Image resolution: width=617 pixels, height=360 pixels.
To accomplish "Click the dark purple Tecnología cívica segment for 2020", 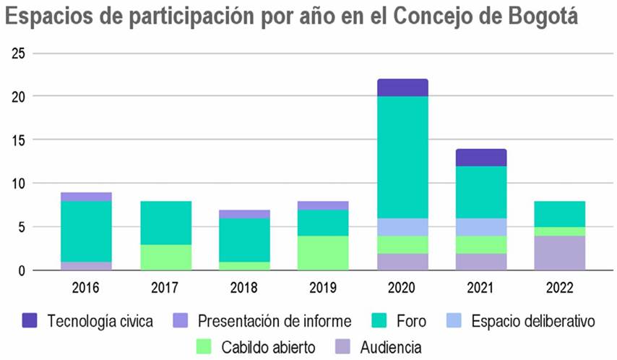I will pos(402,87).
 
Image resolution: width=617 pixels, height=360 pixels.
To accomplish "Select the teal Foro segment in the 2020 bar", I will pos(402,157).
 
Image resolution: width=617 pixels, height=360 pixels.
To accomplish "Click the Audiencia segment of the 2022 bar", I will pos(559,252).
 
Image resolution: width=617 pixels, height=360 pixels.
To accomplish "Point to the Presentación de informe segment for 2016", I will pos(86,197).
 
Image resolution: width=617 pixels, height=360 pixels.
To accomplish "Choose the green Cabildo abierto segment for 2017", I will pos(166,257).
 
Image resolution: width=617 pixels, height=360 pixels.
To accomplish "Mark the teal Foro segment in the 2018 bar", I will pos(244,240).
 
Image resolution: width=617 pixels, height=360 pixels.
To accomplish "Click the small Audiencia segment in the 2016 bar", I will pos(86,265).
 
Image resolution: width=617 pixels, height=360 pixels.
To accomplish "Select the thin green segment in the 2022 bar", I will pos(559,231).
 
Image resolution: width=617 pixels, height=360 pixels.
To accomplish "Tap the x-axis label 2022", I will pos(559,288).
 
